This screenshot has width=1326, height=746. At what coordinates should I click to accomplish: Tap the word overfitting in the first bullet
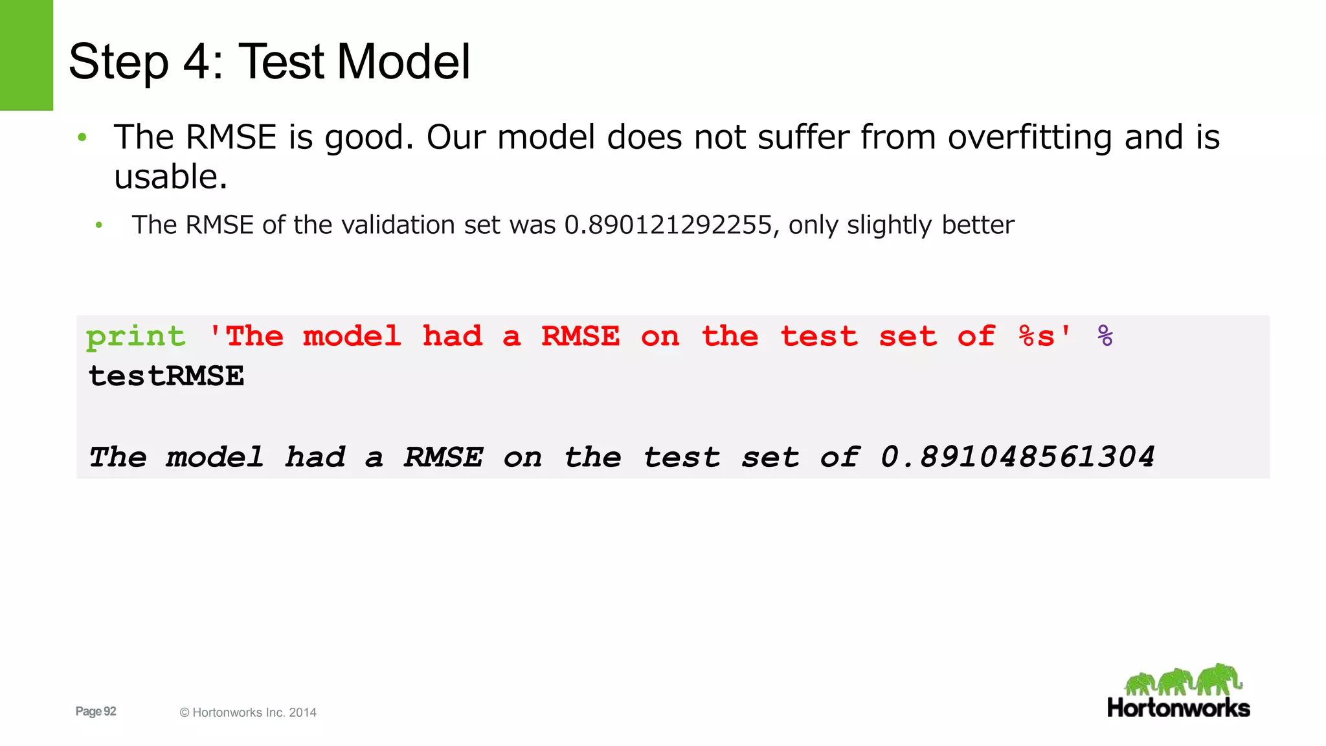point(1029,137)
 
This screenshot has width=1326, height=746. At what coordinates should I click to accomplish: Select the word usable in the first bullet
point(166,177)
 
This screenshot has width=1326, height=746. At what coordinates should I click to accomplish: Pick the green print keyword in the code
point(135,337)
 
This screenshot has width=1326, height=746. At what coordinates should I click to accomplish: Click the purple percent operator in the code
point(1105,336)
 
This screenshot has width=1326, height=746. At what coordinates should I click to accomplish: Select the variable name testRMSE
point(166,376)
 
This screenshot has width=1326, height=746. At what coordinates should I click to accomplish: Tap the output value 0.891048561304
point(1017,457)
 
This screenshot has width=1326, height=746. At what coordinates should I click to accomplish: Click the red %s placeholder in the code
point(1037,336)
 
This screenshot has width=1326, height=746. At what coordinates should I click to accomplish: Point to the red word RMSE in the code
point(580,336)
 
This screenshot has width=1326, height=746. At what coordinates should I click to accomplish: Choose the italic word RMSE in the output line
point(444,457)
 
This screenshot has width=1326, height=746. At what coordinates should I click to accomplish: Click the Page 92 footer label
point(96,711)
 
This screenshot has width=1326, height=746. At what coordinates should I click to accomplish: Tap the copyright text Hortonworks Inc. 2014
point(249,712)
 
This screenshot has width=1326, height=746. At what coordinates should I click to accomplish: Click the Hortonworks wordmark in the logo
point(1178,708)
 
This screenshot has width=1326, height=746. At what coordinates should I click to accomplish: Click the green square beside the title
point(27,55)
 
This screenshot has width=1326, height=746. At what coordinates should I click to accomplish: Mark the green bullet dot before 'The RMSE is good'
point(82,137)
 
